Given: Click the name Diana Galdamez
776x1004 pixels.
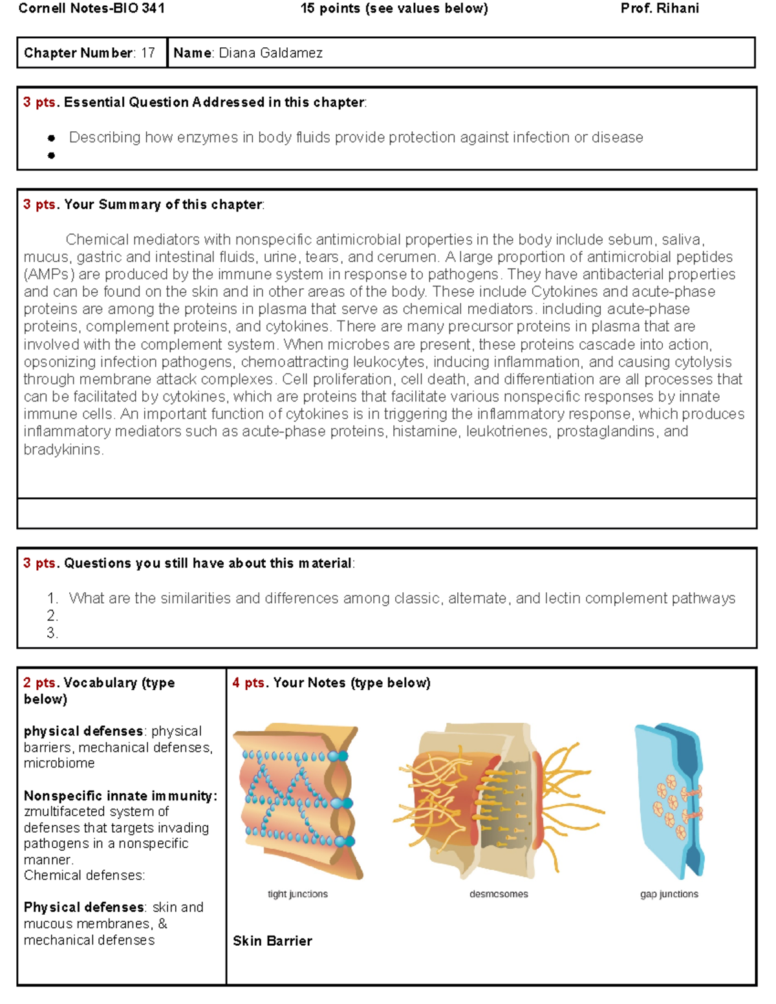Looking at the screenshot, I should pyautogui.click(x=270, y=53).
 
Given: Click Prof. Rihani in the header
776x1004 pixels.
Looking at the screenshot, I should pyautogui.click(x=659, y=8).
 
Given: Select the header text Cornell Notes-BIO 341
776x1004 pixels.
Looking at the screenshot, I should pyautogui.click(x=92, y=8).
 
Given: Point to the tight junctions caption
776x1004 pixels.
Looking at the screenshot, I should pyautogui.click(x=297, y=894).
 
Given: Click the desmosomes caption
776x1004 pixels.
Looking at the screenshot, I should pyautogui.click(x=499, y=894).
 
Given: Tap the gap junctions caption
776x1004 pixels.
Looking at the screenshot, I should pyautogui.click(x=669, y=894).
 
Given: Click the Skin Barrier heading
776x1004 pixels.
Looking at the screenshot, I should pyautogui.click(x=272, y=941).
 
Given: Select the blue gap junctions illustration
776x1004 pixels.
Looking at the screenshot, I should pyautogui.click(x=669, y=802).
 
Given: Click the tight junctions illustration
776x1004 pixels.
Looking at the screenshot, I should pyautogui.click(x=297, y=802).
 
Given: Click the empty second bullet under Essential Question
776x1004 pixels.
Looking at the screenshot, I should pyautogui.click(x=51, y=155).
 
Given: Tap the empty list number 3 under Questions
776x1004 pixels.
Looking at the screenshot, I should pyautogui.click(x=52, y=633).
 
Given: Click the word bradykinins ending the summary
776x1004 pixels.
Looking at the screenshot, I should pyautogui.click(x=63, y=449).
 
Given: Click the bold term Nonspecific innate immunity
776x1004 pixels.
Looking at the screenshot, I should pyautogui.click(x=120, y=796).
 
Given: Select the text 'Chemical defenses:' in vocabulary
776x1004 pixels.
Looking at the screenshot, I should pyautogui.click(x=84, y=875).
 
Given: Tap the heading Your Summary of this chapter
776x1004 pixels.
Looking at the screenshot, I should pyautogui.click(x=163, y=204).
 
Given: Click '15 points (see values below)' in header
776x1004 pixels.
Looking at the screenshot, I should pyautogui.click(x=394, y=8).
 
